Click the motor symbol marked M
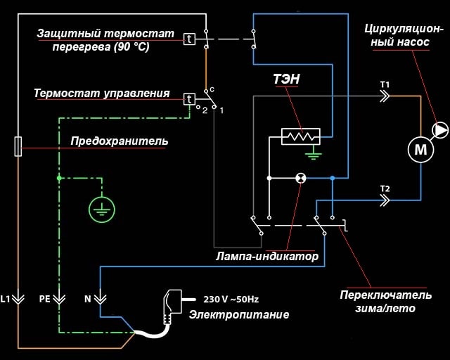click(420, 149)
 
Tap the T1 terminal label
click(385, 85)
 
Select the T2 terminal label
click(384, 189)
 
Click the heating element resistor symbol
click(300, 136)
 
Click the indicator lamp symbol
click(300, 178)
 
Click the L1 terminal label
click(6, 299)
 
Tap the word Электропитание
click(238, 314)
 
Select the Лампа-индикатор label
click(267, 257)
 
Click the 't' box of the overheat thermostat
click(189, 39)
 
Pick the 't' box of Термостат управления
click(189, 98)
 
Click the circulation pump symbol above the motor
click(440, 129)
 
